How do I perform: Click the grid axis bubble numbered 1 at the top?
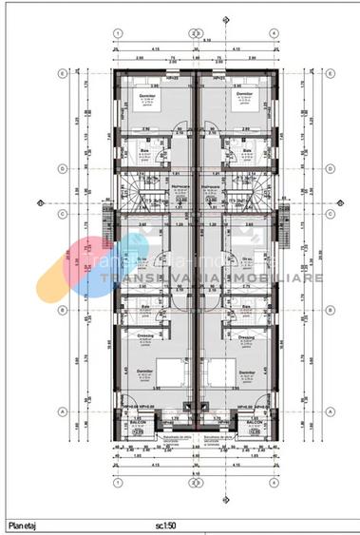pyautogui.click(x=117, y=32)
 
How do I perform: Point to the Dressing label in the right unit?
pyautogui.click(x=244, y=336)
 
